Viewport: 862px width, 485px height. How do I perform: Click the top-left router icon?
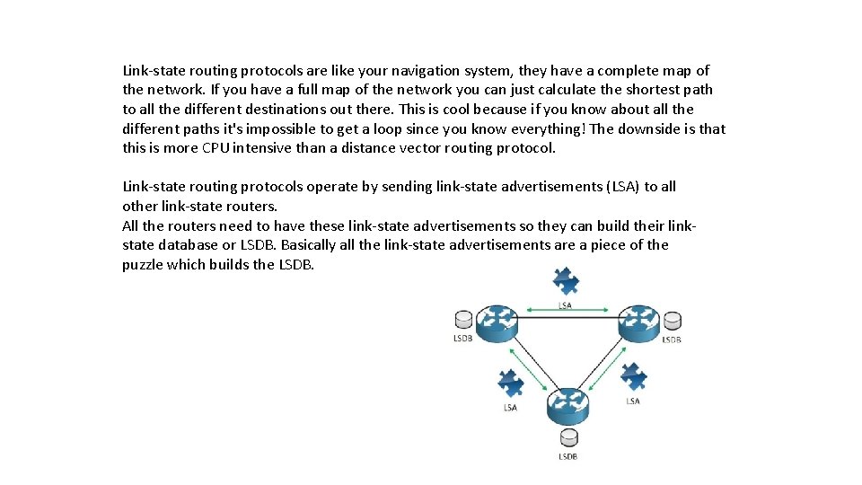(497, 322)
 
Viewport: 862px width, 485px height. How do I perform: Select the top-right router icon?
(638, 322)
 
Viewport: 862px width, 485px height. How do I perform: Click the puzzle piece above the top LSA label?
(566, 281)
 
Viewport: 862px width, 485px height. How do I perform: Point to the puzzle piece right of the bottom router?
(633, 377)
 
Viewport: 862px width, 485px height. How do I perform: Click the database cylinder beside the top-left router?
(463, 321)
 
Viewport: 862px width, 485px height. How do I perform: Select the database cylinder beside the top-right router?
(672, 322)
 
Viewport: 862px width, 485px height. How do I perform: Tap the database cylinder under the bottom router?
(567, 438)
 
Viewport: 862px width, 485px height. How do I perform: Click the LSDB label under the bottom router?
(567, 456)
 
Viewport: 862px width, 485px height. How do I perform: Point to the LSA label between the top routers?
(566, 305)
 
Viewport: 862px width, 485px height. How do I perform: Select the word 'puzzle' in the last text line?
(142, 265)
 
